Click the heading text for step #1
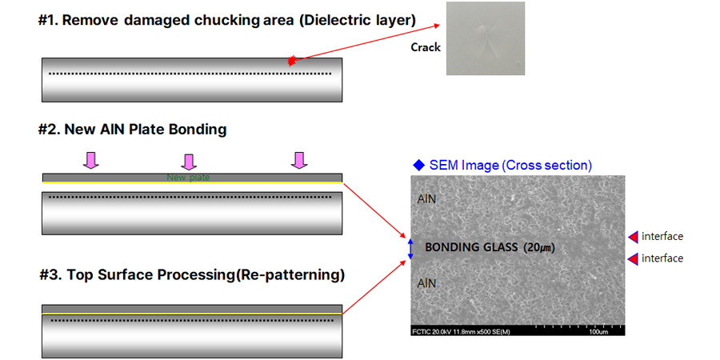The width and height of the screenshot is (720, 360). click(227, 20)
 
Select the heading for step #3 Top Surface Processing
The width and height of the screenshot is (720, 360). click(192, 275)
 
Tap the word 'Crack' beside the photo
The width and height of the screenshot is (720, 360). click(426, 47)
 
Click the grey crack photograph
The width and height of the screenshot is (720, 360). click(485, 38)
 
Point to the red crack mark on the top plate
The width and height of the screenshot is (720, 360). click(292, 61)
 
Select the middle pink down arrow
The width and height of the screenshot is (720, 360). click(189, 162)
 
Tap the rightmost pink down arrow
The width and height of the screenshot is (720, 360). click(299, 161)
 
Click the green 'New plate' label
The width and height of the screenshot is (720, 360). click(188, 177)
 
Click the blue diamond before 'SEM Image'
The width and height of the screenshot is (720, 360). click(418, 165)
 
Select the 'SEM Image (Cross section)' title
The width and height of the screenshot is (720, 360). click(510, 166)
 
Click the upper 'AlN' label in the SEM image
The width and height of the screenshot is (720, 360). click(426, 198)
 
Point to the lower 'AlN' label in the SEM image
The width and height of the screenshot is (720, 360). click(426, 282)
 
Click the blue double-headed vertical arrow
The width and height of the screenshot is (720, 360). click(411, 248)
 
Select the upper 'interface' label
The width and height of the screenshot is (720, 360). click(662, 236)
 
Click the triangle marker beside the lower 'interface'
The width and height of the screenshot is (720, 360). click(632, 258)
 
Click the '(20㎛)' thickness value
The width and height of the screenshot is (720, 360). click(539, 248)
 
